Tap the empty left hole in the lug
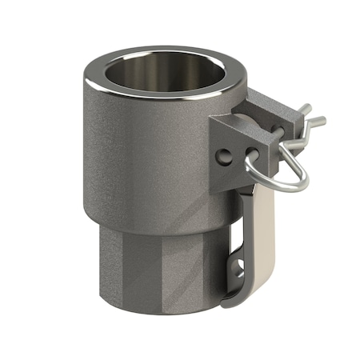pos(227,154)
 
